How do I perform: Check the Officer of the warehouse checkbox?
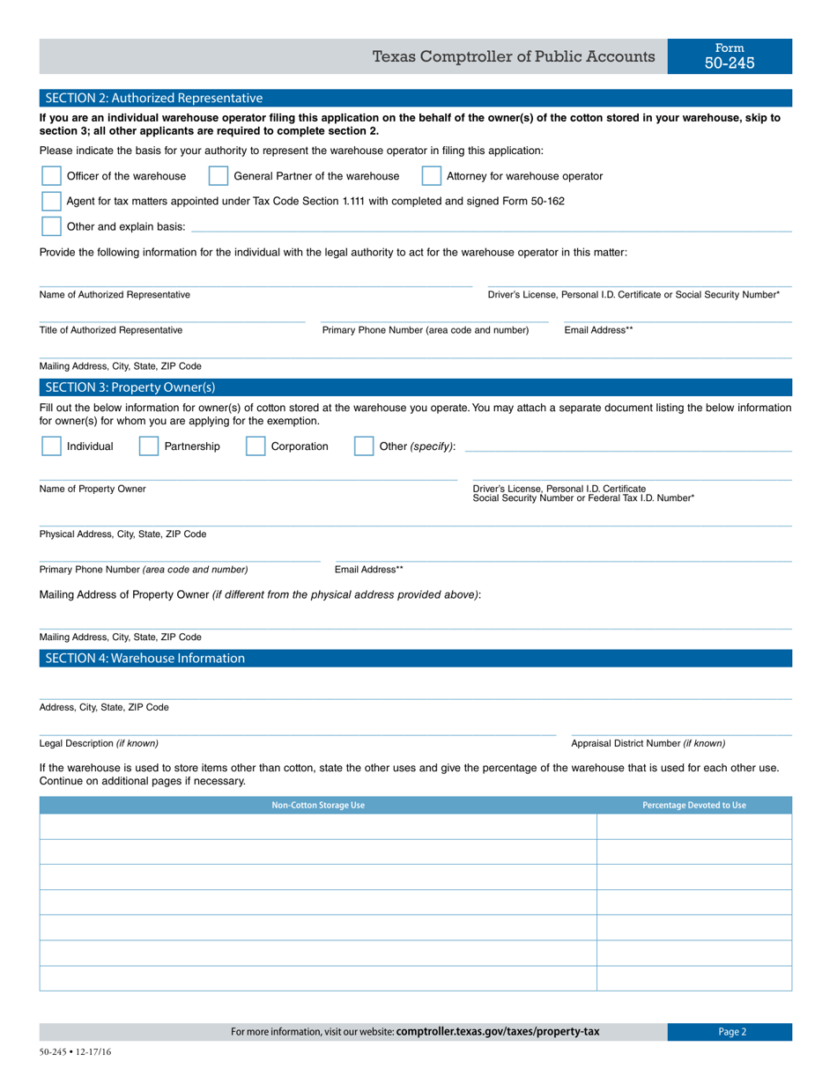52,176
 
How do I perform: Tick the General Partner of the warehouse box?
219,176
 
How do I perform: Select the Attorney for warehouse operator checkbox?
432,176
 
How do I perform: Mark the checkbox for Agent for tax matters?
52,201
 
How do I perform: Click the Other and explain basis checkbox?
52,226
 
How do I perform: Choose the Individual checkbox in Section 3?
52,446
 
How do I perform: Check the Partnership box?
149,446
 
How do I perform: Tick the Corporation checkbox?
256,446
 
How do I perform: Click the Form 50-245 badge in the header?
730,56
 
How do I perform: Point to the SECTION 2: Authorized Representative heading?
154,98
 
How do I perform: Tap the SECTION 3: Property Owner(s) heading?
130,387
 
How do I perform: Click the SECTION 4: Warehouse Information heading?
145,658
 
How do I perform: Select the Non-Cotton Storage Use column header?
318,805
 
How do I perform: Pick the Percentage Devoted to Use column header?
694,805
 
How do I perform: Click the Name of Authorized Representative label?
115,294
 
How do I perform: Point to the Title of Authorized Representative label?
111,330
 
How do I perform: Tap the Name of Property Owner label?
93,489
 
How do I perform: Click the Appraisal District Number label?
648,743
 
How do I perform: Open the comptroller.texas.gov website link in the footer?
498,1032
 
